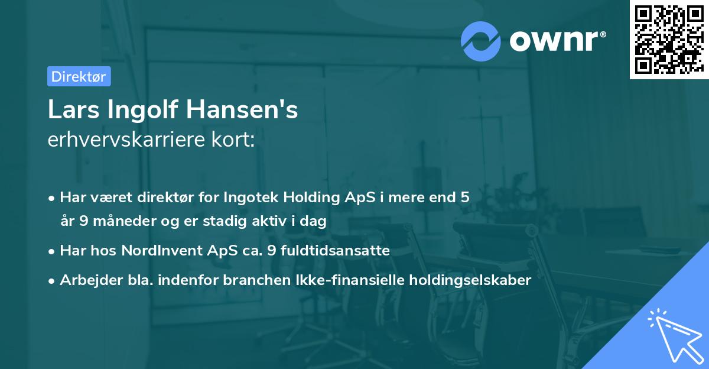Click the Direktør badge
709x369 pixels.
click(79, 77)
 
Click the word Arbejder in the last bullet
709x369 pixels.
click(86, 280)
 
